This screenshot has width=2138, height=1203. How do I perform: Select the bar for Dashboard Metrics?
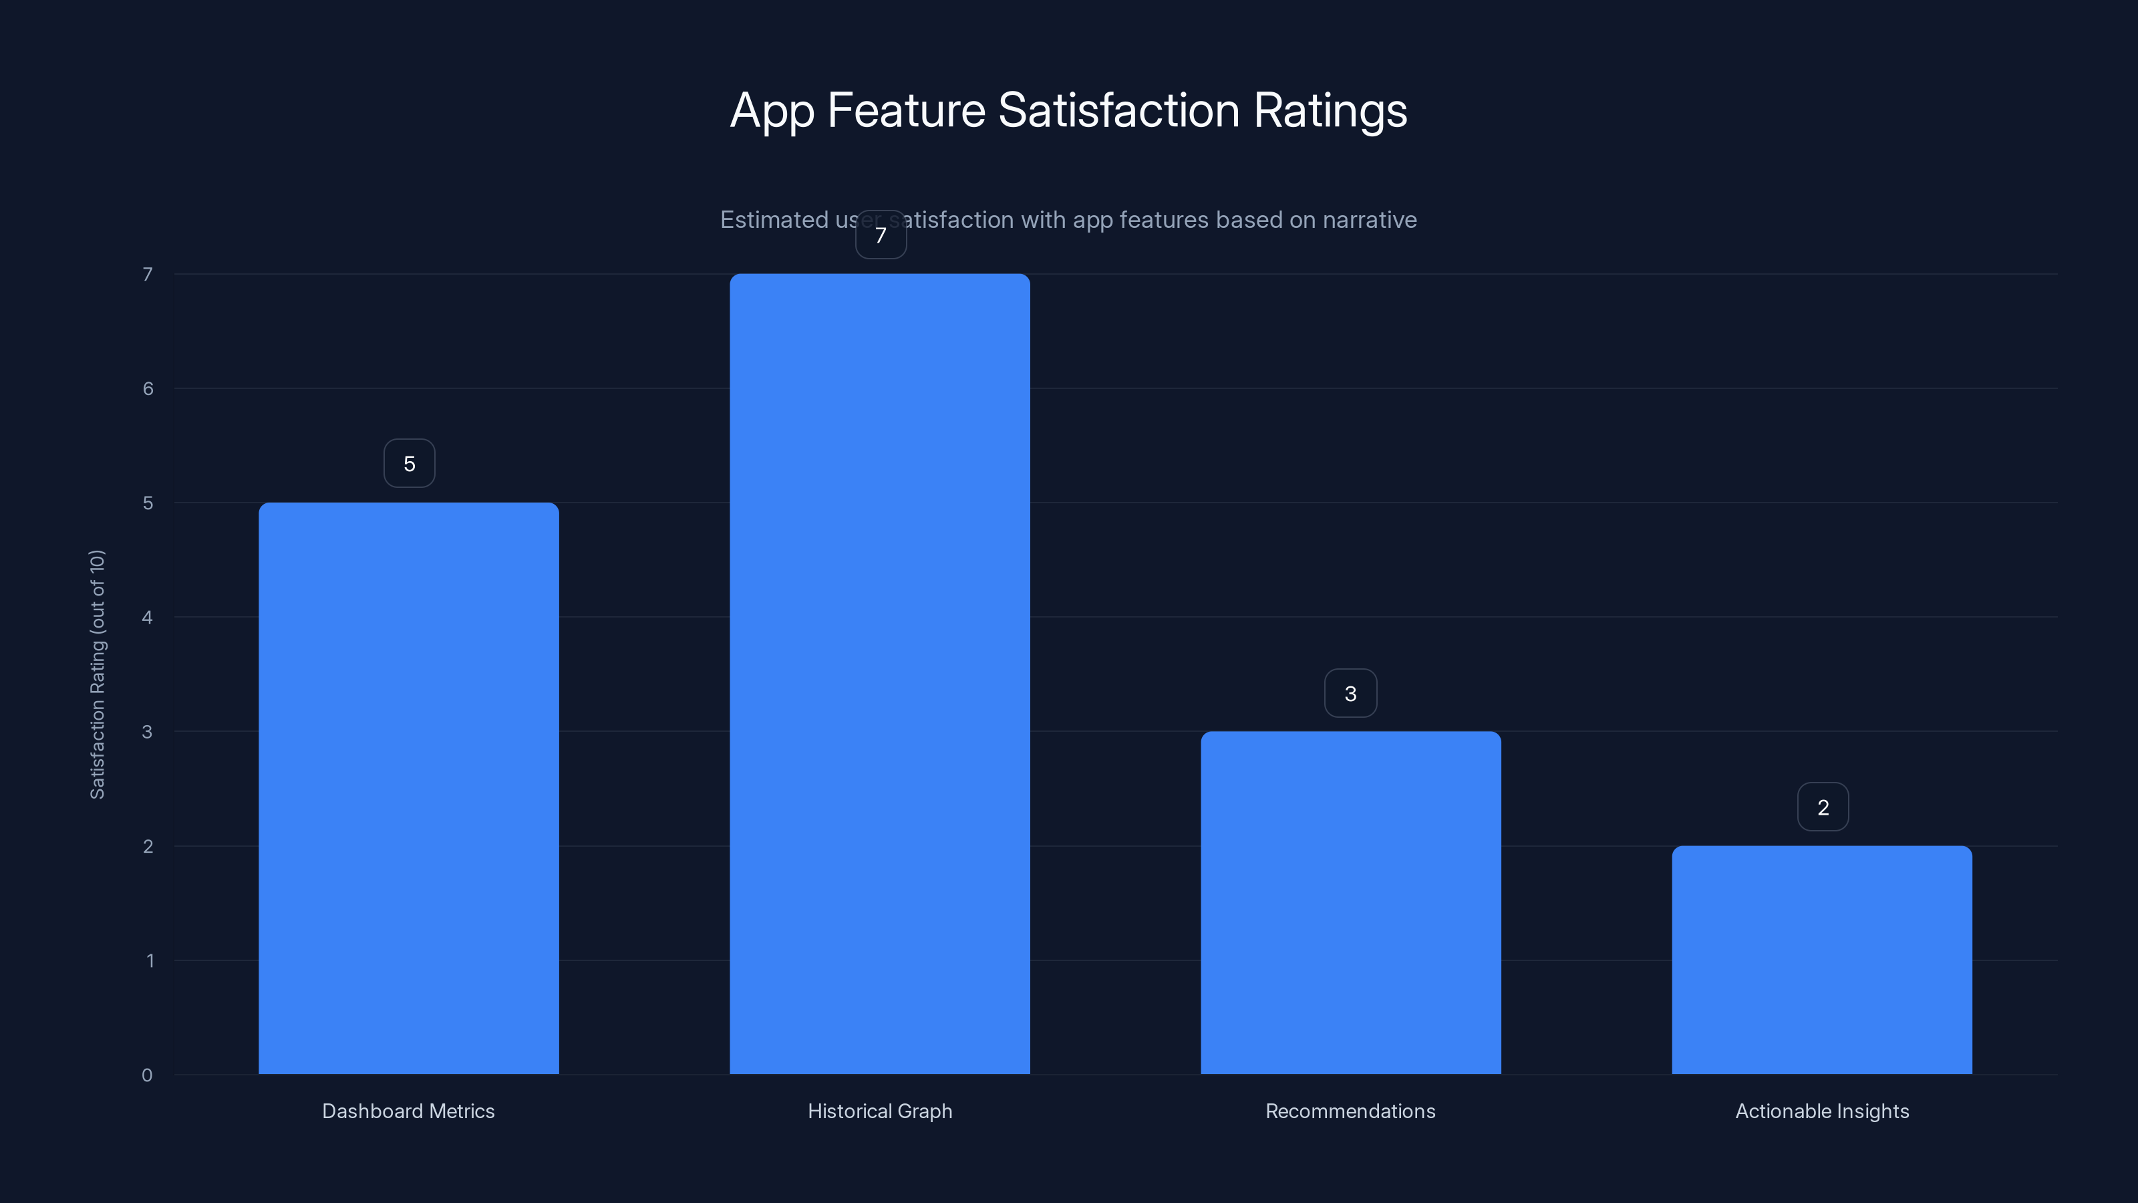point(408,788)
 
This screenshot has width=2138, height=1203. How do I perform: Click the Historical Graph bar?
point(880,673)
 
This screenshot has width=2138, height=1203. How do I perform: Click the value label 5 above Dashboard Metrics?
point(409,463)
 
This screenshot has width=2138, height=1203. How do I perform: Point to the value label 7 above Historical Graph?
point(881,235)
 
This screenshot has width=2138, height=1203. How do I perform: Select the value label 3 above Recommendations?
point(1350,693)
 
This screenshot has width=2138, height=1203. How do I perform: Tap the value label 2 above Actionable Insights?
point(1823,807)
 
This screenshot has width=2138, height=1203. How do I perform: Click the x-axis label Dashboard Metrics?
point(408,1111)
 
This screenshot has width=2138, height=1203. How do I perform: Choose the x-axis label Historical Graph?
point(880,1111)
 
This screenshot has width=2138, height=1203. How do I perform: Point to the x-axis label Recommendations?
point(1350,1111)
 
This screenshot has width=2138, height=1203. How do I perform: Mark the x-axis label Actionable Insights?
point(1822,1111)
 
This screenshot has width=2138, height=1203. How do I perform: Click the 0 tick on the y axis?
point(147,1075)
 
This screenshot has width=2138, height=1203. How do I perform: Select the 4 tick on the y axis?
point(147,617)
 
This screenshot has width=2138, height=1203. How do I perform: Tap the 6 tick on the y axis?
point(148,388)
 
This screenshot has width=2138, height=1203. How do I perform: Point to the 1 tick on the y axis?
point(150,960)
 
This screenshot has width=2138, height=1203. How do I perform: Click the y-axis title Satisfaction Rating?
point(97,674)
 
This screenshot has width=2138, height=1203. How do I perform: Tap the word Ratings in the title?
point(1330,110)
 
